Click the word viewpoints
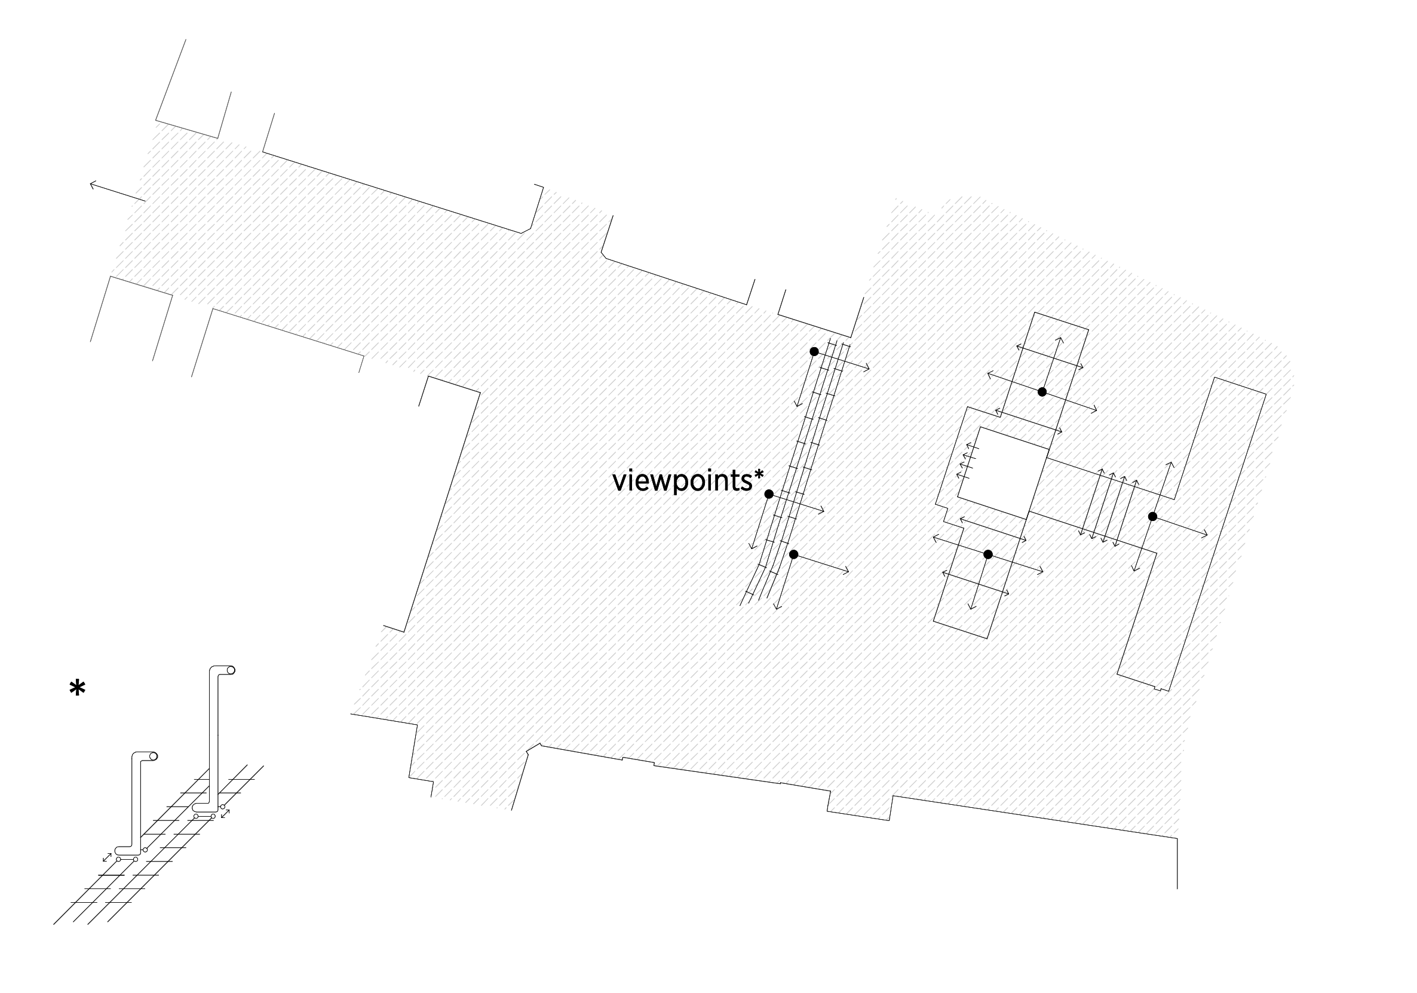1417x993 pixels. [x=683, y=482]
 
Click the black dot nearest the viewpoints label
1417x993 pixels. [x=769, y=494]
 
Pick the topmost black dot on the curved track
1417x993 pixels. [x=814, y=351]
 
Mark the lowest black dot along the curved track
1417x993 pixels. [x=794, y=554]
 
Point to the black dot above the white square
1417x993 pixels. [x=1042, y=391]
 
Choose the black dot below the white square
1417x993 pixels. [x=988, y=554]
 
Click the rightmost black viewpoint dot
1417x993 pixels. [x=1152, y=516]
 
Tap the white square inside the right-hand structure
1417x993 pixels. [x=1003, y=473]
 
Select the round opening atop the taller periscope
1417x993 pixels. [x=231, y=670]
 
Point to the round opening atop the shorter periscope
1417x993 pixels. [x=154, y=756]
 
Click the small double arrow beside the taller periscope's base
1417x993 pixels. [x=226, y=814]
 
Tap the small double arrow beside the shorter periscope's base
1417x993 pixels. [x=108, y=857]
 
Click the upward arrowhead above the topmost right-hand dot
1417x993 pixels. [x=1060, y=340]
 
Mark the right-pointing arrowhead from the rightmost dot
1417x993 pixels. [x=1204, y=535]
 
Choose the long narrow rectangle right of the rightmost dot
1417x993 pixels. [x=1191, y=534]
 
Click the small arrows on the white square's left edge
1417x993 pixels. [x=967, y=462]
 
